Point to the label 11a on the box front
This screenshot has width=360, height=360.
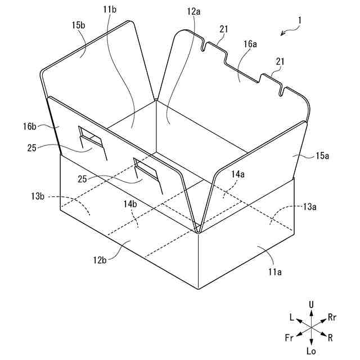point(274,272)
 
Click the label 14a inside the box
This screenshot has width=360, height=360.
point(238,175)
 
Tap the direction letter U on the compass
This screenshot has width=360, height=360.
point(311,304)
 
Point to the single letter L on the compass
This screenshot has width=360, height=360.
point(292,317)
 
